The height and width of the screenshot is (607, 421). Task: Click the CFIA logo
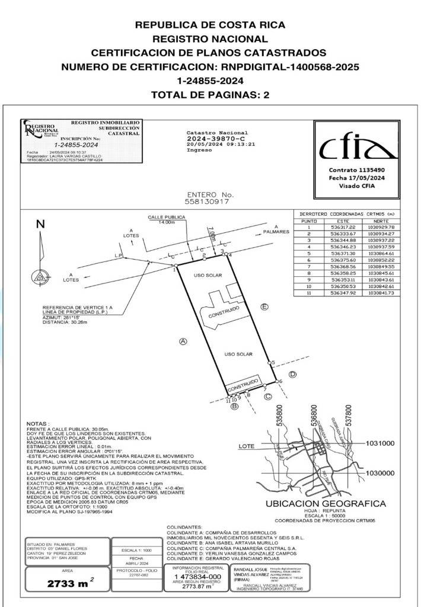357,149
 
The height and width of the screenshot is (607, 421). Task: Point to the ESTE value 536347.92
343,293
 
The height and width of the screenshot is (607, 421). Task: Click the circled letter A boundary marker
183,341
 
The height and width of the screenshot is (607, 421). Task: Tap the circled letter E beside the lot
264,306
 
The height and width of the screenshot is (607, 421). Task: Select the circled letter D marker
292,374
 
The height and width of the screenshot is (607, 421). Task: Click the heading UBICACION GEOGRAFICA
326,504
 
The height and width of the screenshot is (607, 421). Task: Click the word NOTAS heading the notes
39,424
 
